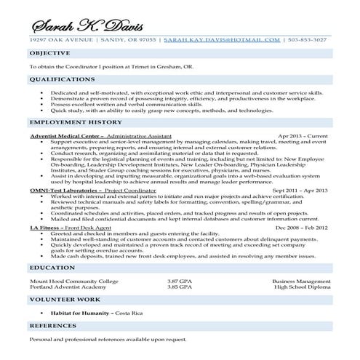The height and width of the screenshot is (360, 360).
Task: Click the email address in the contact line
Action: (222, 41)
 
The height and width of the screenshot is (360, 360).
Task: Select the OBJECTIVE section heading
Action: (50, 54)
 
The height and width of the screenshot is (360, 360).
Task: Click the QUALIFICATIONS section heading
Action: (61, 79)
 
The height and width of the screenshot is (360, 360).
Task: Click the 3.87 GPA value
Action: (181, 280)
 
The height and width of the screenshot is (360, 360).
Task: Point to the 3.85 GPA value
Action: (181, 287)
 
